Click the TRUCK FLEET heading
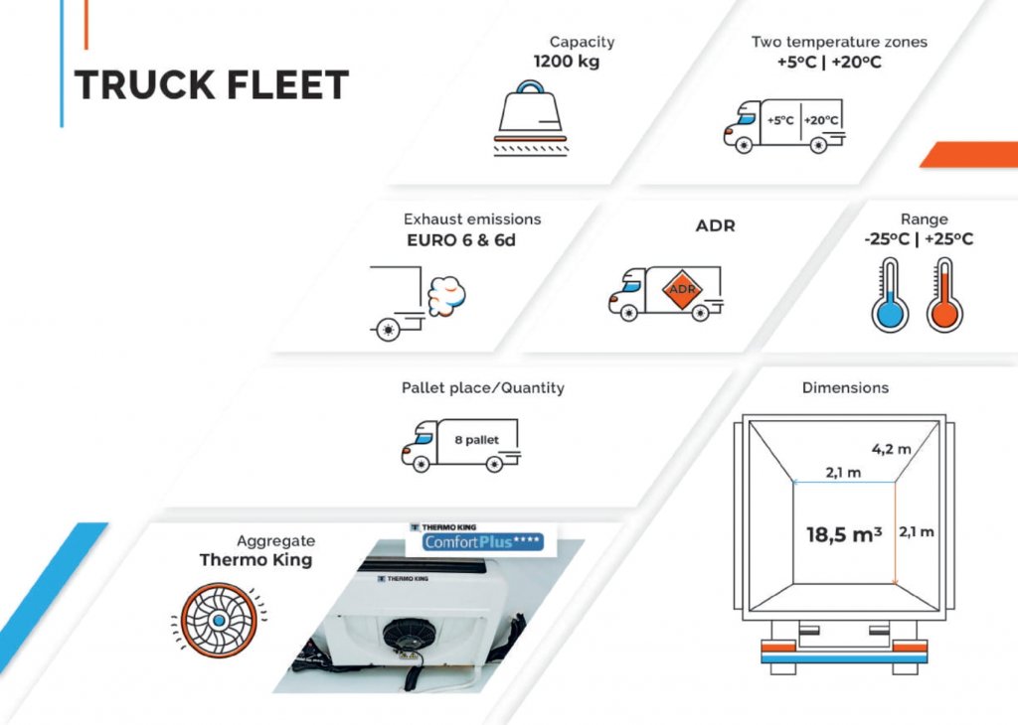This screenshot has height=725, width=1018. (x=212, y=85)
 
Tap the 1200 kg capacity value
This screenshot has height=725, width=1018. (x=567, y=61)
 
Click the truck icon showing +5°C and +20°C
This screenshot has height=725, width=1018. (x=783, y=125)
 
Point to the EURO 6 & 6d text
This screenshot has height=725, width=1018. (x=461, y=239)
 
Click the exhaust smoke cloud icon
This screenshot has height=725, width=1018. (x=445, y=293)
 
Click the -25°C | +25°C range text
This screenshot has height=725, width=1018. (x=919, y=238)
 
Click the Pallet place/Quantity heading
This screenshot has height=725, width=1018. (x=482, y=387)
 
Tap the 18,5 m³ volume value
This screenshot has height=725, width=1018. (x=844, y=534)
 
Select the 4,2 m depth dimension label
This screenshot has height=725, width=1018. (x=891, y=448)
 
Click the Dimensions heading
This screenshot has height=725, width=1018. (x=845, y=387)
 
